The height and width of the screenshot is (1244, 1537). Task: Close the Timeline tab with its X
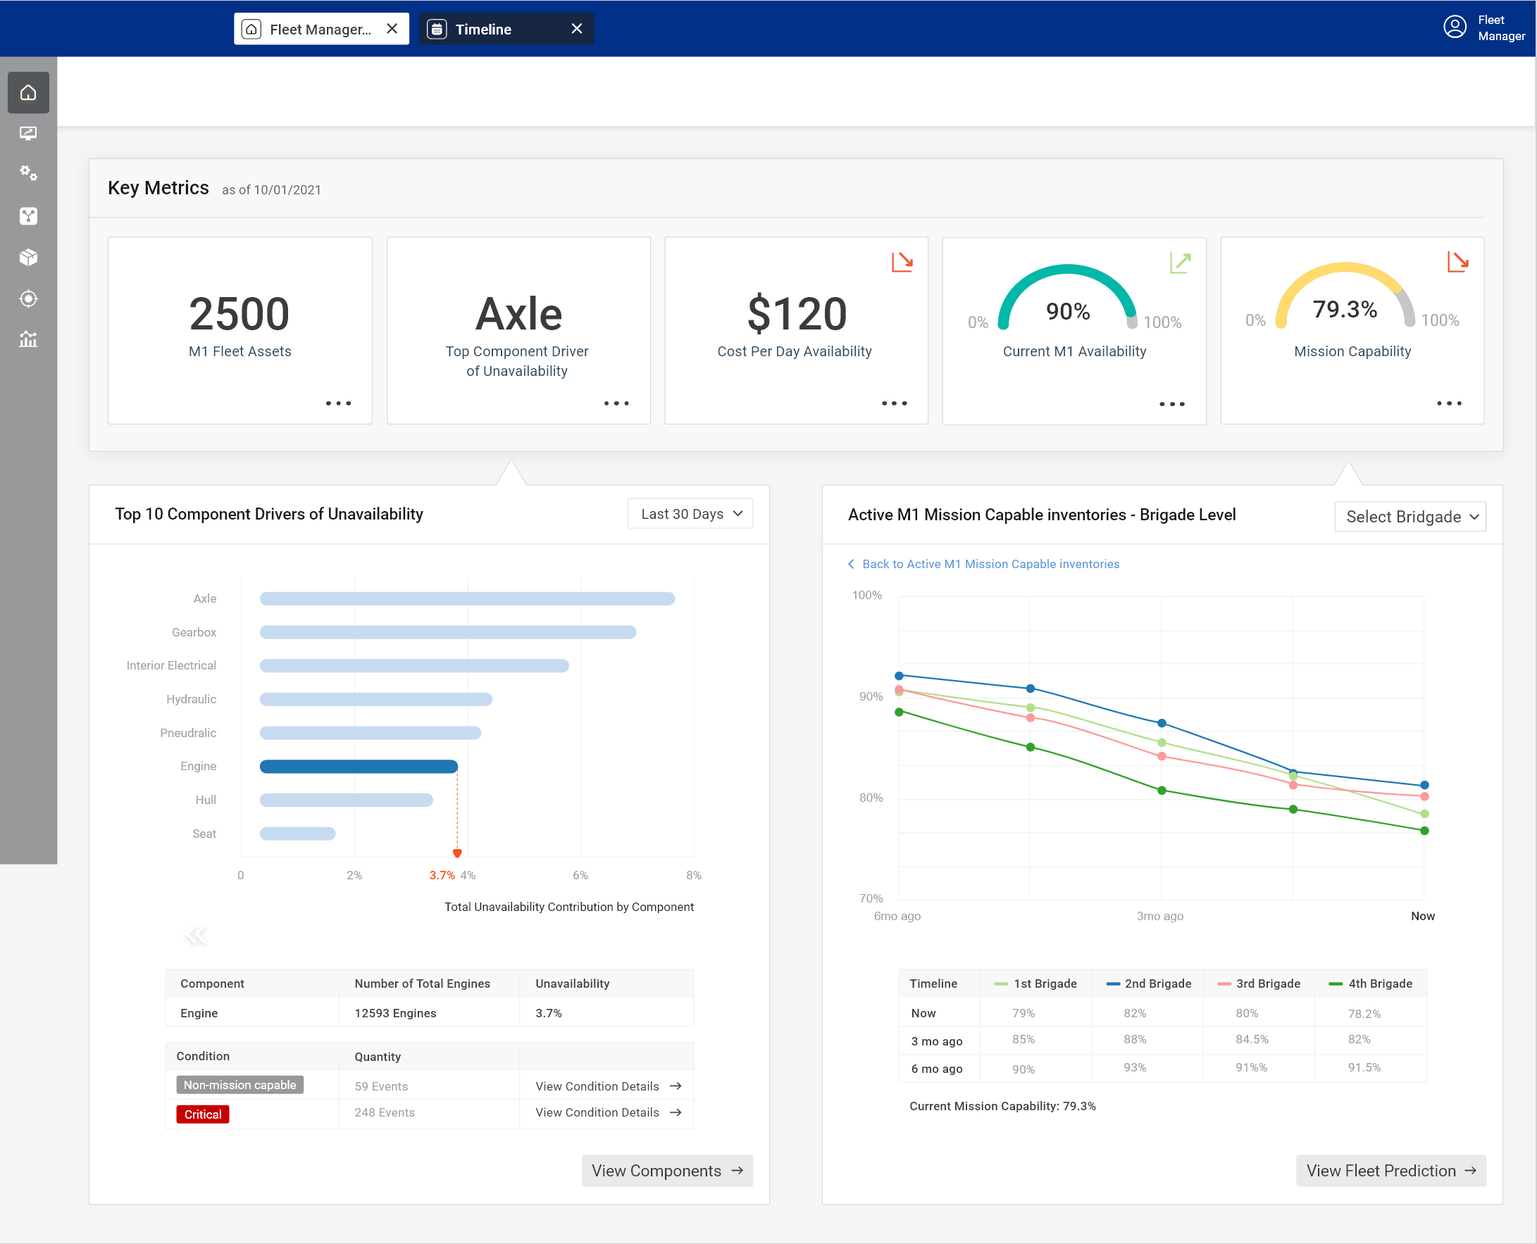pyautogui.click(x=576, y=29)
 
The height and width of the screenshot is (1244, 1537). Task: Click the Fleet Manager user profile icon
pyautogui.click(x=1454, y=27)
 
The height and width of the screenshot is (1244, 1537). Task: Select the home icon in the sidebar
pyautogui.click(x=28, y=92)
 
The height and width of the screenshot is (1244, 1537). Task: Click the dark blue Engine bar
pyautogui.click(x=359, y=766)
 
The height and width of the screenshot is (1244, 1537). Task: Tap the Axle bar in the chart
pyautogui.click(x=467, y=598)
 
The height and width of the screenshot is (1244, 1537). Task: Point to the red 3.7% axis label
pyautogui.click(x=442, y=875)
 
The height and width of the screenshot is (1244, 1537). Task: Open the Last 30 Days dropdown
pyautogui.click(x=690, y=514)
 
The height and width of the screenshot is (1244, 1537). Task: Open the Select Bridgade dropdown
pyautogui.click(x=1410, y=517)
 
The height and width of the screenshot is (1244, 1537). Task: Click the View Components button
pyautogui.click(x=666, y=1170)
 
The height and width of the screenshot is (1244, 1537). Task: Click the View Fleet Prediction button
pyautogui.click(x=1390, y=1170)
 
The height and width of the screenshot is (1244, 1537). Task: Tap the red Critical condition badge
pyautogui.click(x=203, y=1114)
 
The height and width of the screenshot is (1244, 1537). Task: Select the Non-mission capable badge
pyautogui.click(x=239, y=1085)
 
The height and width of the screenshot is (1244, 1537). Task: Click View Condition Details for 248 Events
pyautogui.click(x=607, y=1112)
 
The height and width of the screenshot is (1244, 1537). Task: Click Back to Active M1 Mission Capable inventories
pyautogui.click(x=989, y=564)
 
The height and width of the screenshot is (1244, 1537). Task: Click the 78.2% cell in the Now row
pyautogui.click(x=1364, y=1013)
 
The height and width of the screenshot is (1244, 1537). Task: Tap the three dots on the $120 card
pyautogui.click(x=894, y=403)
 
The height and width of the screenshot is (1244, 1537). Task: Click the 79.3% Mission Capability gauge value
pyautogui.click(x=1344, y=310)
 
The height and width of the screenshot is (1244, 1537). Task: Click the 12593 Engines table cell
pyautogui.click(x=395, y=1012)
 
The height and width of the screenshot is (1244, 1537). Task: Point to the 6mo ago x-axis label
pyautogui.click(x=897, y=916)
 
